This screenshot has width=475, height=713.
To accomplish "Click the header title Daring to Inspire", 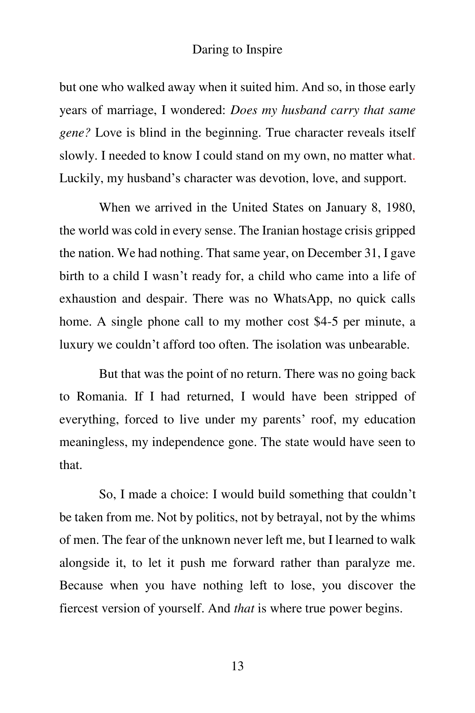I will point(237,50).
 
